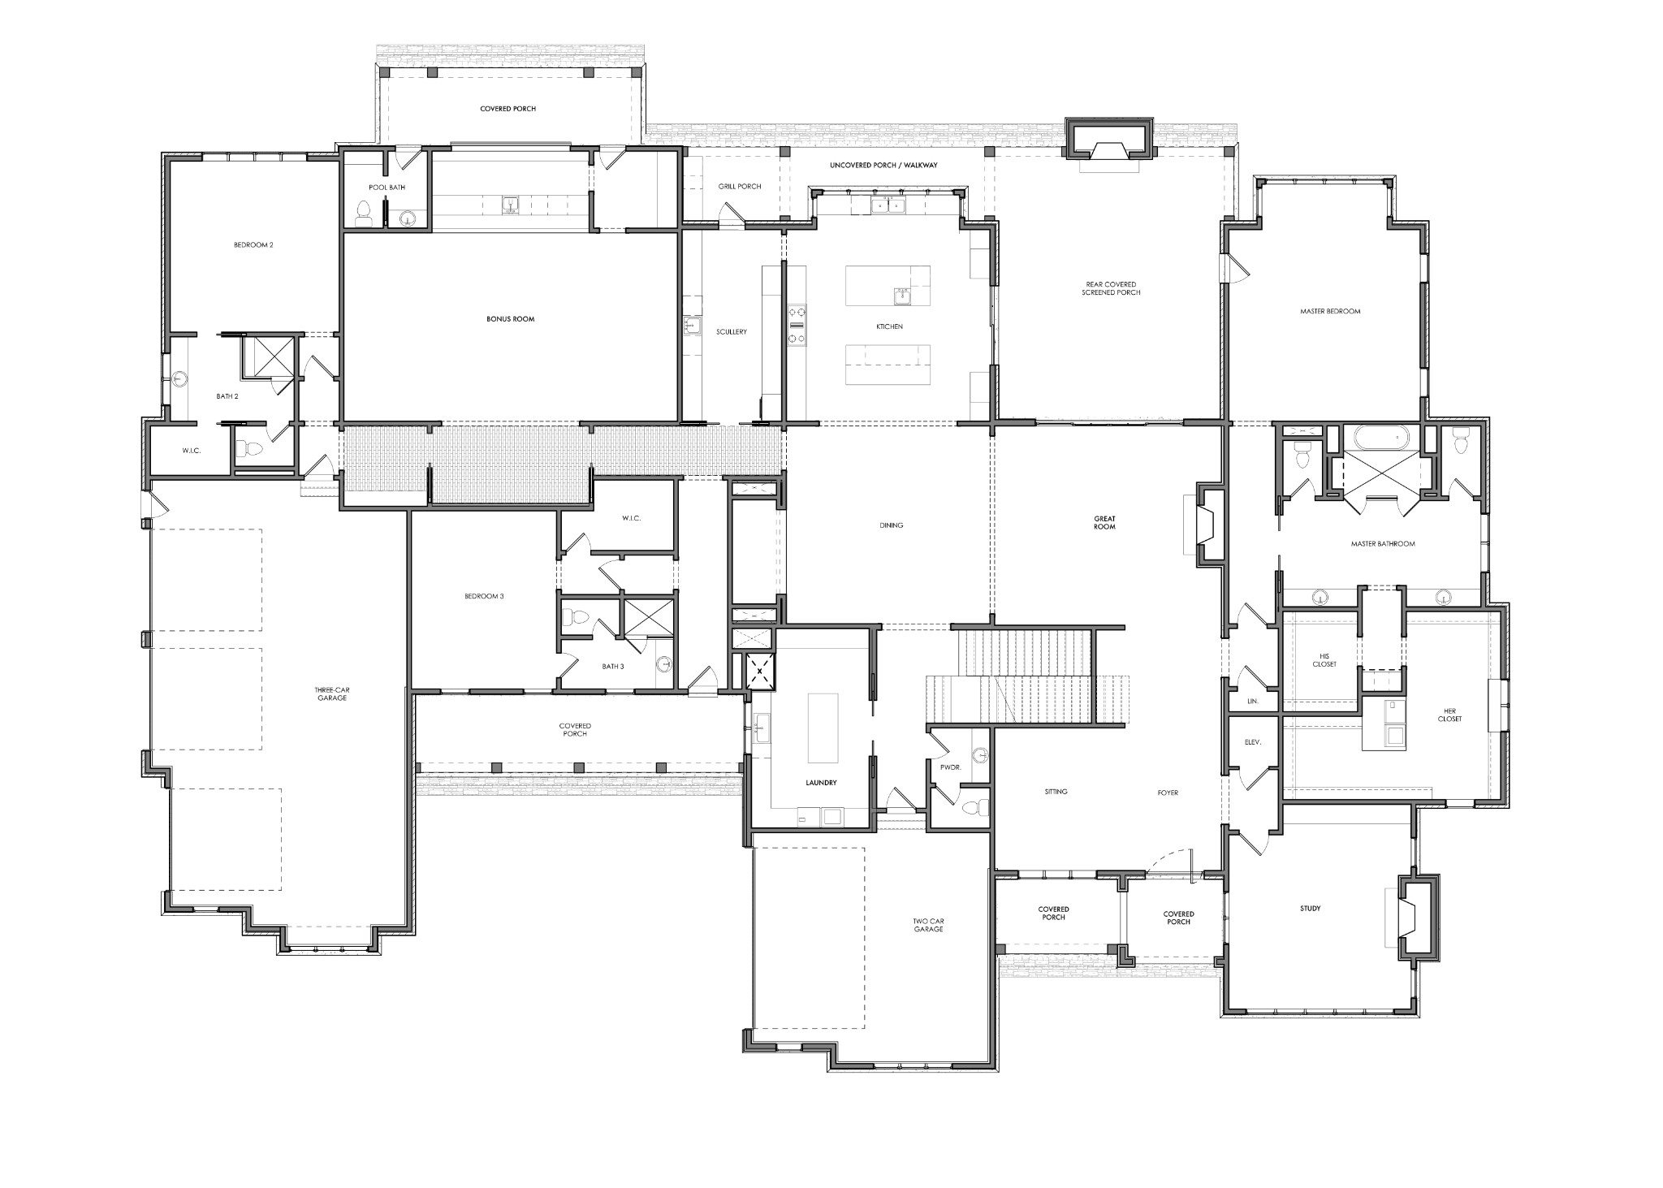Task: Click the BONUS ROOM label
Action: [510, 319]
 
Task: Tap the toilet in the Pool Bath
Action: [363, 213]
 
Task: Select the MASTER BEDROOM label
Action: [1329, 311]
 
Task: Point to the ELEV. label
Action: [1252, 742]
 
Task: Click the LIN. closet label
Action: [1251, 700]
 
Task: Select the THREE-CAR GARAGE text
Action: [331, 693]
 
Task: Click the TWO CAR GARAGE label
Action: [928, 925]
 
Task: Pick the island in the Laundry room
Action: [823, 728]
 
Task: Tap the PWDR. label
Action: [950, 767]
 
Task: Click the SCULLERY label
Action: [731, 331]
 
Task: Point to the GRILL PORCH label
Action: [739, 187]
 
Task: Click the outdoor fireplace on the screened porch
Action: [1108, 153]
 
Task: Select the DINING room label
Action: [891, 525]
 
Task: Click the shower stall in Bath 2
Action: [269, 355]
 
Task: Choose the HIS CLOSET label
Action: [1324, 660]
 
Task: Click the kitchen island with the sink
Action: [888, 285]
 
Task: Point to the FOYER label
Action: [1167, 793]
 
